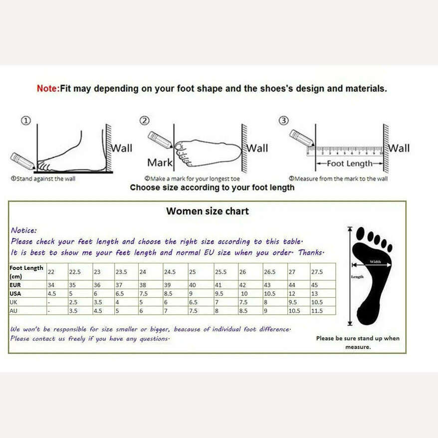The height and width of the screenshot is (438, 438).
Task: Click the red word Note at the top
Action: (x=47, y=89)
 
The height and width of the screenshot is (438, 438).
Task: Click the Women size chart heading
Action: (x=207, y=211)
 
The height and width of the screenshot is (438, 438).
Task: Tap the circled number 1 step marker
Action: (x=26, y=120)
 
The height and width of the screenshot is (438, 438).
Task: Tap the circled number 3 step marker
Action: (x=283, y=120)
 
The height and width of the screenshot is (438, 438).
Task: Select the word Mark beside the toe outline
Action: (x=160, y=162)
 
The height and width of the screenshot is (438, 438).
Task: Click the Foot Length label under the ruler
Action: (x=350, y=164)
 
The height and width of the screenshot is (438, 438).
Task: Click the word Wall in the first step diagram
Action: (x=121, y=148)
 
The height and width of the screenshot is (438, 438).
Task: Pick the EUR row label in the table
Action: (x=15, y=285)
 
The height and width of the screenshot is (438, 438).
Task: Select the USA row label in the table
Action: (x=15, y=293)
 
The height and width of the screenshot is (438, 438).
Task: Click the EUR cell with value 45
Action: (x=315, y=285)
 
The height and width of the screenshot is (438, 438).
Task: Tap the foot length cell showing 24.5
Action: (x=170, y=272)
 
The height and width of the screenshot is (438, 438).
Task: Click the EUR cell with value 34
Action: (x=51, y=285)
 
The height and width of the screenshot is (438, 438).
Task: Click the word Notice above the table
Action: (x=23, y=230)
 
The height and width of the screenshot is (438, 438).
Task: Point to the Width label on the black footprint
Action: (x=375, y=261)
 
